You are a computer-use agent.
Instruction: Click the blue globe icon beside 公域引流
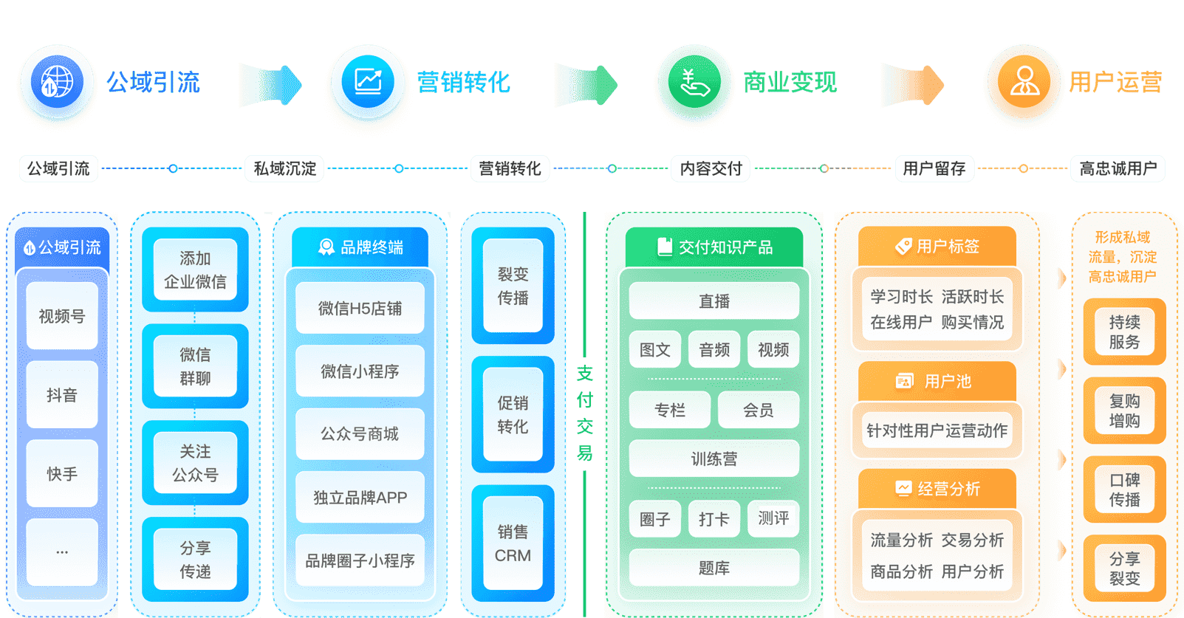(x=58, y=81)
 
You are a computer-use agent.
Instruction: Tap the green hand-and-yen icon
(x=694, y=82)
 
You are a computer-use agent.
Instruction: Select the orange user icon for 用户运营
(x=1024, y=81)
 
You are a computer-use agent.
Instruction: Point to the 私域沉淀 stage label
(x=284, y=168)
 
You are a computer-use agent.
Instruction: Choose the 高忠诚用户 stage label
(x=1118, y=168)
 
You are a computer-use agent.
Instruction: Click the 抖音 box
(x=62, y=395)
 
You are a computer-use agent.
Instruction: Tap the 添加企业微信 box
(x=195, y=269)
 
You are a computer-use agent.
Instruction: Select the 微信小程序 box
(x=360, y=371)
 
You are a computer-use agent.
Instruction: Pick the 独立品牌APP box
(x=360, y=498)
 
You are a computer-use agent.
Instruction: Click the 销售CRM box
(x=513, y=543)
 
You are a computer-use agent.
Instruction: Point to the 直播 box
(x=714, y=301)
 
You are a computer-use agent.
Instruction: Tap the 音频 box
(x=714, y=350)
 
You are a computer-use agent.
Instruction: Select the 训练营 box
(x=714, y=459)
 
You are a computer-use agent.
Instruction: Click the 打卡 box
(x=714, y=519)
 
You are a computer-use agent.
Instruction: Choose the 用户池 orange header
(x=937, y=382)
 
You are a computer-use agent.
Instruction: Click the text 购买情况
(x=973, y=323)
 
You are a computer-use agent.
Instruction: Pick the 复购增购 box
(x=1124, y=411)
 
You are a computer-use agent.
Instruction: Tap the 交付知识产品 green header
(x=714, y=247)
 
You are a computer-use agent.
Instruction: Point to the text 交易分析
(x=973, y=540)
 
